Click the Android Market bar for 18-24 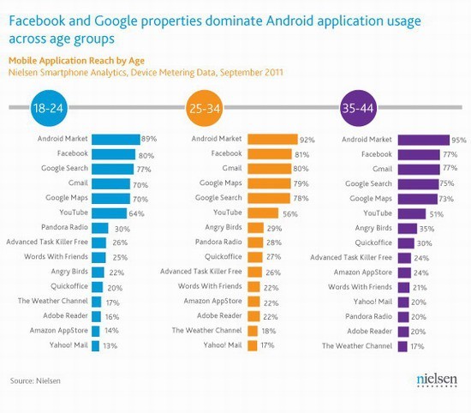point(116,138)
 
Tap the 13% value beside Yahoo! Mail point(110,345)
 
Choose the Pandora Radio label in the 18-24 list point(63,228)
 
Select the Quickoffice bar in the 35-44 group point(411,242)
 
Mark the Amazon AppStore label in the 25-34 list point(212,301)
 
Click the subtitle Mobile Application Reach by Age point(66,61)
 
